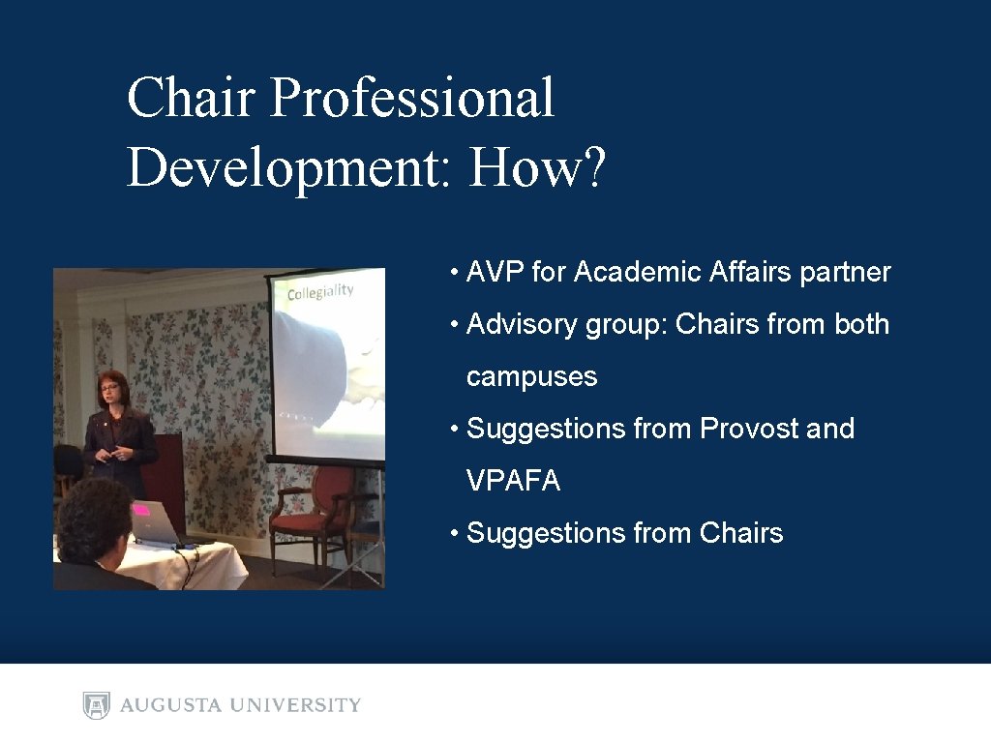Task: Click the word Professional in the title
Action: point(412,99)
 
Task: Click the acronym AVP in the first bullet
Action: point(495,273)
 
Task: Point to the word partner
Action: point(845,273)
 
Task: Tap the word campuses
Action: point(531,377)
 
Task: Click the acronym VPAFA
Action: point(513,481)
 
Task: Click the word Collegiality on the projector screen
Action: point(320,291)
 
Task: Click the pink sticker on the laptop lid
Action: point(141,509)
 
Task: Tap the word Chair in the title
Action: point(193,99)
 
